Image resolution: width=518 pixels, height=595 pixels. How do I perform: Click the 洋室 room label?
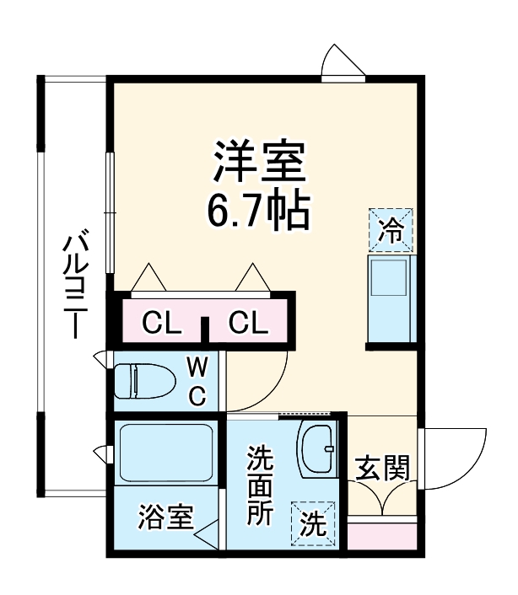257,160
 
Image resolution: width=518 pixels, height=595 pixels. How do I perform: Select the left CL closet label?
160,322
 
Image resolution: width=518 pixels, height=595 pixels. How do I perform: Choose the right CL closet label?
248,322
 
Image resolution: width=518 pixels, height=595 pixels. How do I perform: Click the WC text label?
196,382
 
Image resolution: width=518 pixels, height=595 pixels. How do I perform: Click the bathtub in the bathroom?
165,452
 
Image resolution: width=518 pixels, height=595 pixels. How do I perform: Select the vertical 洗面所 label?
259,485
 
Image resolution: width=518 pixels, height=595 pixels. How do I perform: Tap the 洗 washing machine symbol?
312,523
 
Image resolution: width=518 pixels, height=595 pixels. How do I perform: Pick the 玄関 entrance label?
381,468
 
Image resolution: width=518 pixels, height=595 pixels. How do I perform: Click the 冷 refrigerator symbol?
391,230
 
